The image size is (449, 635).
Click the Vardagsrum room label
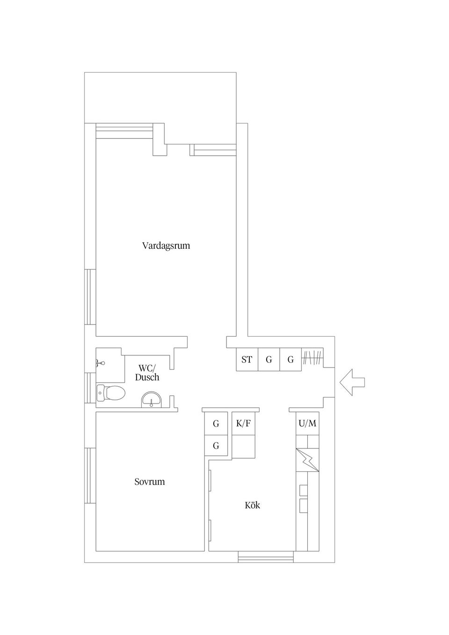point(166,245)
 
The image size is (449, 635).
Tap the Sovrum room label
point(150,482)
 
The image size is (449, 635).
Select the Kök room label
point(253,505)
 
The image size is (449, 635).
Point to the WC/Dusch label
point(147,373)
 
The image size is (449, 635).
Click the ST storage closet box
point(247,360)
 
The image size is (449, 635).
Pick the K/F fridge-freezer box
point(244,424)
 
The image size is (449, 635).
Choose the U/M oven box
point(307,424)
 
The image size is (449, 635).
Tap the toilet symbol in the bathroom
point(111,393)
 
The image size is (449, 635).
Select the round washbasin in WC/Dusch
point(151,399)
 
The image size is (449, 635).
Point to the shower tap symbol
point(100,362)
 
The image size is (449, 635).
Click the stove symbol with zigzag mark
point(308,460)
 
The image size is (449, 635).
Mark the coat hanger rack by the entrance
point(312,358)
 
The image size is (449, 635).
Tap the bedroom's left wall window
point(90,476)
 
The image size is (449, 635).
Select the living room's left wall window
point(90,296)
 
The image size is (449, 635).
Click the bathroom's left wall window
point(90,387)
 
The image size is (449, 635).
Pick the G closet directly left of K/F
point(216,424)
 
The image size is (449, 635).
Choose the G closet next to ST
point(269,360)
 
